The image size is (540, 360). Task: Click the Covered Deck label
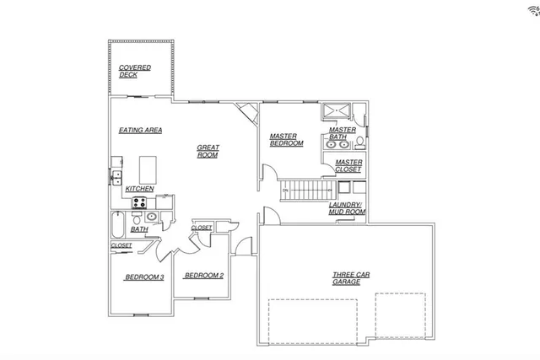pyautogui.click(x=134, y=71)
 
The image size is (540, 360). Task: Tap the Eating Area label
pyautogui.click(x=140, y=130)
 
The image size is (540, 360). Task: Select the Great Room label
pyautogui.click(x=208, y=151)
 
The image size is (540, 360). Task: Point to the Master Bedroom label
pyautogui.click(x=287, y=140)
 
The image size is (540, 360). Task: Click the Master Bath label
pyautogui.click(x=342, y=133)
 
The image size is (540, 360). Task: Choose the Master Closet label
pyautogui.click(x=348, y=165)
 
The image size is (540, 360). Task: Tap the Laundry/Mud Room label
pyautogui.click(x=346, y=208)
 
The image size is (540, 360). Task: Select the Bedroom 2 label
pyautogui.click(x=203, y=275)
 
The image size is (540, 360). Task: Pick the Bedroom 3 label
pyautogui.click(x=144, y=277)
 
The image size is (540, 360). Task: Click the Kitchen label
pyautogui.click(x=139, y=188)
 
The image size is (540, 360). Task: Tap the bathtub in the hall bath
pyautogui.click(x=117, y=225)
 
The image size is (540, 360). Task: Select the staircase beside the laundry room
pyautogui.click(x=304, y=191)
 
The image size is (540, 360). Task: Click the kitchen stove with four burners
pyautogui.click(x=138, y=202)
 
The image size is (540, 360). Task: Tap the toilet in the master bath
pyautogui.click(x=359, y=140)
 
